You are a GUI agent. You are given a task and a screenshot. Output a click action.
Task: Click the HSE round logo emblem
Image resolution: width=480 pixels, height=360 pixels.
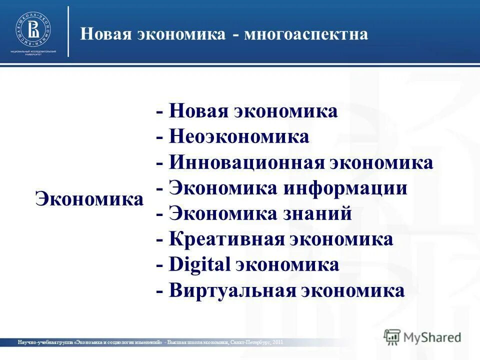[32, 29]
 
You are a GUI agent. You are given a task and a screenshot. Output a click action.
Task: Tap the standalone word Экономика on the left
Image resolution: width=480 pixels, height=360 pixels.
[89, 199]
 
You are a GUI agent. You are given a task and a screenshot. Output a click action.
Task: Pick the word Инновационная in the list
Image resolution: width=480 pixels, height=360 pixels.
[246, 162]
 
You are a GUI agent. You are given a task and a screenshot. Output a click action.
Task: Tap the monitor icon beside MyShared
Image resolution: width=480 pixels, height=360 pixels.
[392, 336]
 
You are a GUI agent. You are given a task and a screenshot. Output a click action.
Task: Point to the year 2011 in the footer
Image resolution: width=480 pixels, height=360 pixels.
[278, 342]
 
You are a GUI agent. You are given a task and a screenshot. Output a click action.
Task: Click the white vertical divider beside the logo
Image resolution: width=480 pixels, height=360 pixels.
[68, 31]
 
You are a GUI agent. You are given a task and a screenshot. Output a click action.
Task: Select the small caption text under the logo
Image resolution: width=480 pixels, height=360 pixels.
[32, 53]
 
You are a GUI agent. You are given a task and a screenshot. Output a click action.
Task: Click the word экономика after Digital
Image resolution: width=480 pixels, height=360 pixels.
[286, 265]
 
